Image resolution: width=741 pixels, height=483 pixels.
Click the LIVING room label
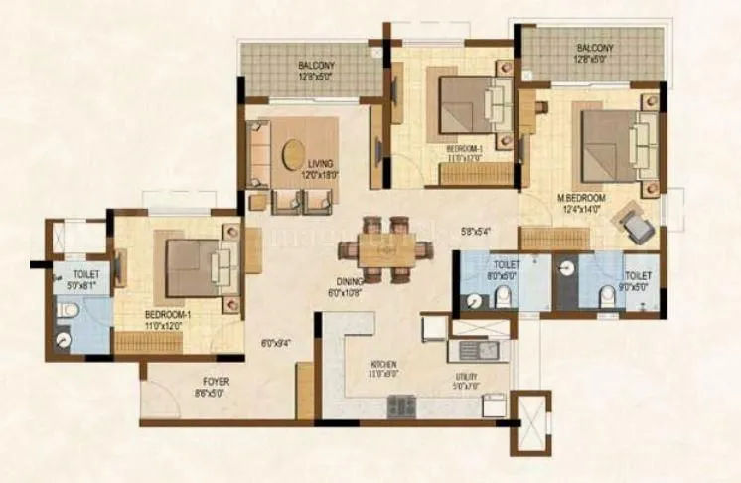coord(320,163)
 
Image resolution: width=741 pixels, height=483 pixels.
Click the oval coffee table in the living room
coord(294,155)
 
